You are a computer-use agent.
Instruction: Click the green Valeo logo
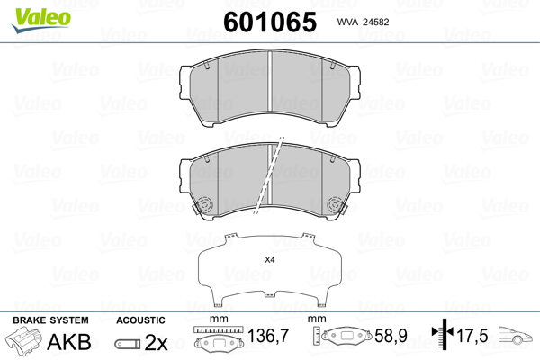tap(41, 20)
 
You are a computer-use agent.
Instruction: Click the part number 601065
tap(270, 22)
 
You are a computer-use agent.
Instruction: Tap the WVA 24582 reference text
tap(363, 22)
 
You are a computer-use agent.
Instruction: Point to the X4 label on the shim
tap(270, 260)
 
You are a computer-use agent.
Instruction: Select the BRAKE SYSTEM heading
tap(50, 320)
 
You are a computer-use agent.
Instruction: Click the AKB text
tap(69, 342)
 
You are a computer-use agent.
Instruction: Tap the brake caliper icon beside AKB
tap(23, 339)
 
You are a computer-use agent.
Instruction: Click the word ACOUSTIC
tap(140, 320)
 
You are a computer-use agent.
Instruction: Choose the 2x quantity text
tap(156, 343)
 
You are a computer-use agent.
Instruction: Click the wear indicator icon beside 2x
tap(128, 344)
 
